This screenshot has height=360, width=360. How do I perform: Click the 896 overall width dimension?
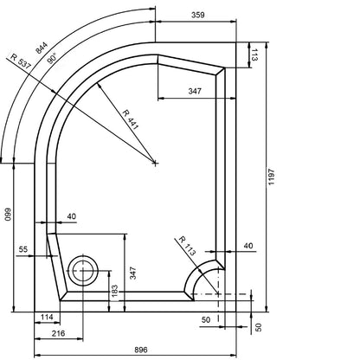[141, 350]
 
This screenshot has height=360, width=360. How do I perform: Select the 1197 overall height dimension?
[272, 177]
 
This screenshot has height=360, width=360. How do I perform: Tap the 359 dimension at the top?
[198, 15]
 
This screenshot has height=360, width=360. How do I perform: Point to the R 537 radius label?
[21, 61]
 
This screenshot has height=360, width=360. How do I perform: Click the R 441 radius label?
[131, 119]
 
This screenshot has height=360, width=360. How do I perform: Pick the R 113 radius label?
[187, 246]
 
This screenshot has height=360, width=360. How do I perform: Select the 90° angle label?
[52, 59]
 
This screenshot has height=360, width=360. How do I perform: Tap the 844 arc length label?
[42, 48]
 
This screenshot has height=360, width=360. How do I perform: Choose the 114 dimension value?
[47, 317]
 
